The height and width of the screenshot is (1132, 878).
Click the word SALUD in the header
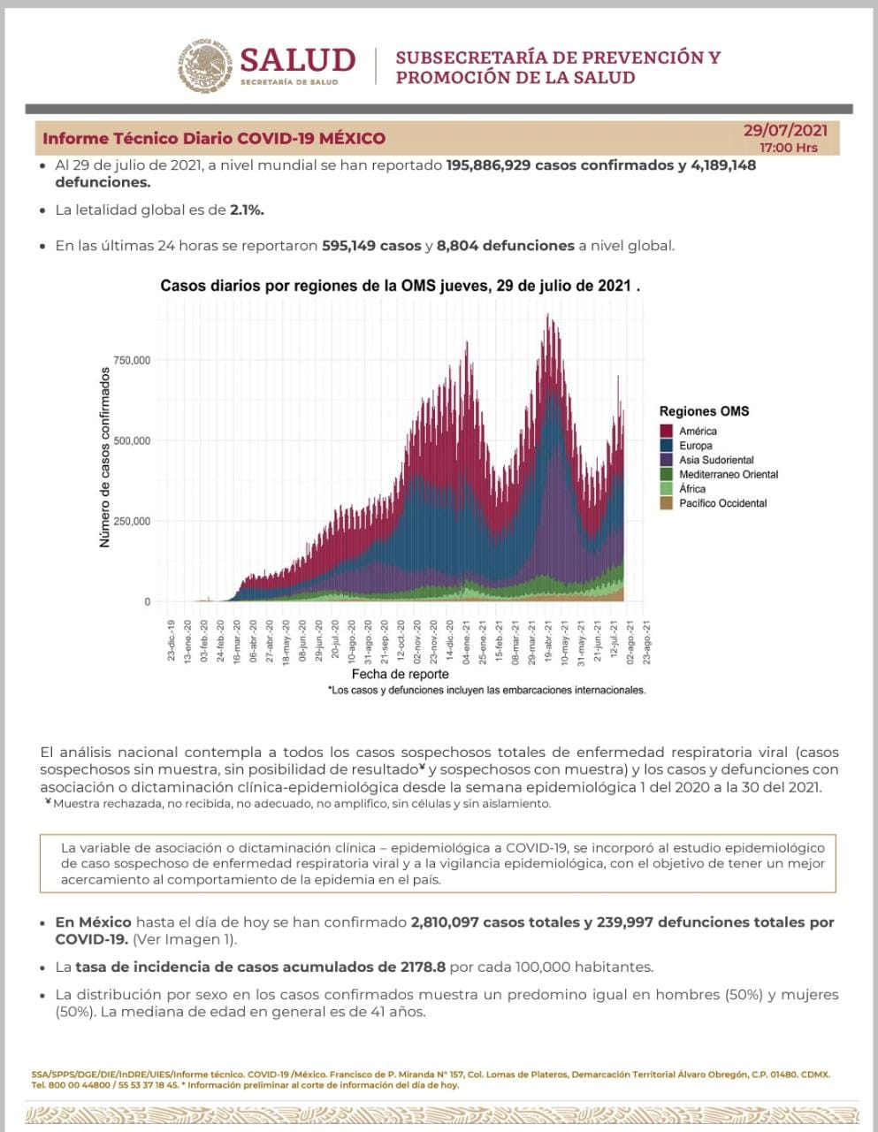[x=297, y=60]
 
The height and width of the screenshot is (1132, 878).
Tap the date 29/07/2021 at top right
[x=785, y=131]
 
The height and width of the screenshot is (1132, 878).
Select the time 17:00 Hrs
[x=789, y=148]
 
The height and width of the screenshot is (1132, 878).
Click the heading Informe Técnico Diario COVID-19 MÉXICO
[x=214, y=138]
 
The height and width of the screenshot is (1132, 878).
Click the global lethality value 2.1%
[x=247, y=210]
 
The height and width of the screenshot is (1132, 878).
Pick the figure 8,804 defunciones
[x=506, y=245]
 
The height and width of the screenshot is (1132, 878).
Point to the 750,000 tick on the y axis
[x=132, y=361]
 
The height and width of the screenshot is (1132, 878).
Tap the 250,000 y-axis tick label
[x=132, y=522]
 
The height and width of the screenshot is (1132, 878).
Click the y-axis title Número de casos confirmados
[x=105, y=458]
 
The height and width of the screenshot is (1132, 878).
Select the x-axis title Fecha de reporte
[x=401, y=674]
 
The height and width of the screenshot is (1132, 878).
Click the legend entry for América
[x=698, y=432]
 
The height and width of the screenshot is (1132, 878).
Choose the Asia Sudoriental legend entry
[x=716, y=460]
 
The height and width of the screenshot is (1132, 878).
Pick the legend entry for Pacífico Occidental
[x=722, y=503]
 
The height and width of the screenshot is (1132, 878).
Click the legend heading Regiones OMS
[x=704, y=411]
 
